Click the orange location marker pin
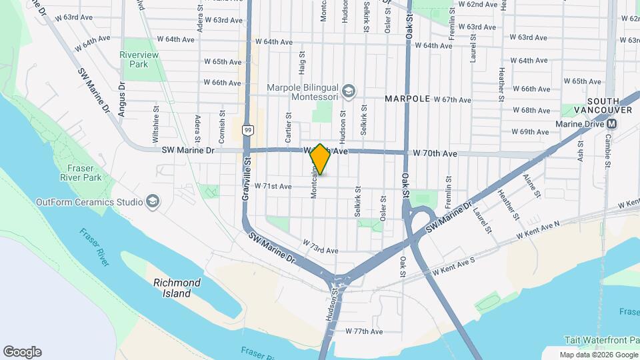pos(321,159)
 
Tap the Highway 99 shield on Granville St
pos(247,131)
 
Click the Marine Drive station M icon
pos(611,123)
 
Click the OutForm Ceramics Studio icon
pos(152,201)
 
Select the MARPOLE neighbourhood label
pos(407,99)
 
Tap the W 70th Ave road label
pos(435,153)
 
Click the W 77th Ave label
pos(364,331)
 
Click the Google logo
pos(22,352)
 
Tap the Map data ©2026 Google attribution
pos(598,355)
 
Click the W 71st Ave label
pos(273,187)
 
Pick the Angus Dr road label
pos(122,99)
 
